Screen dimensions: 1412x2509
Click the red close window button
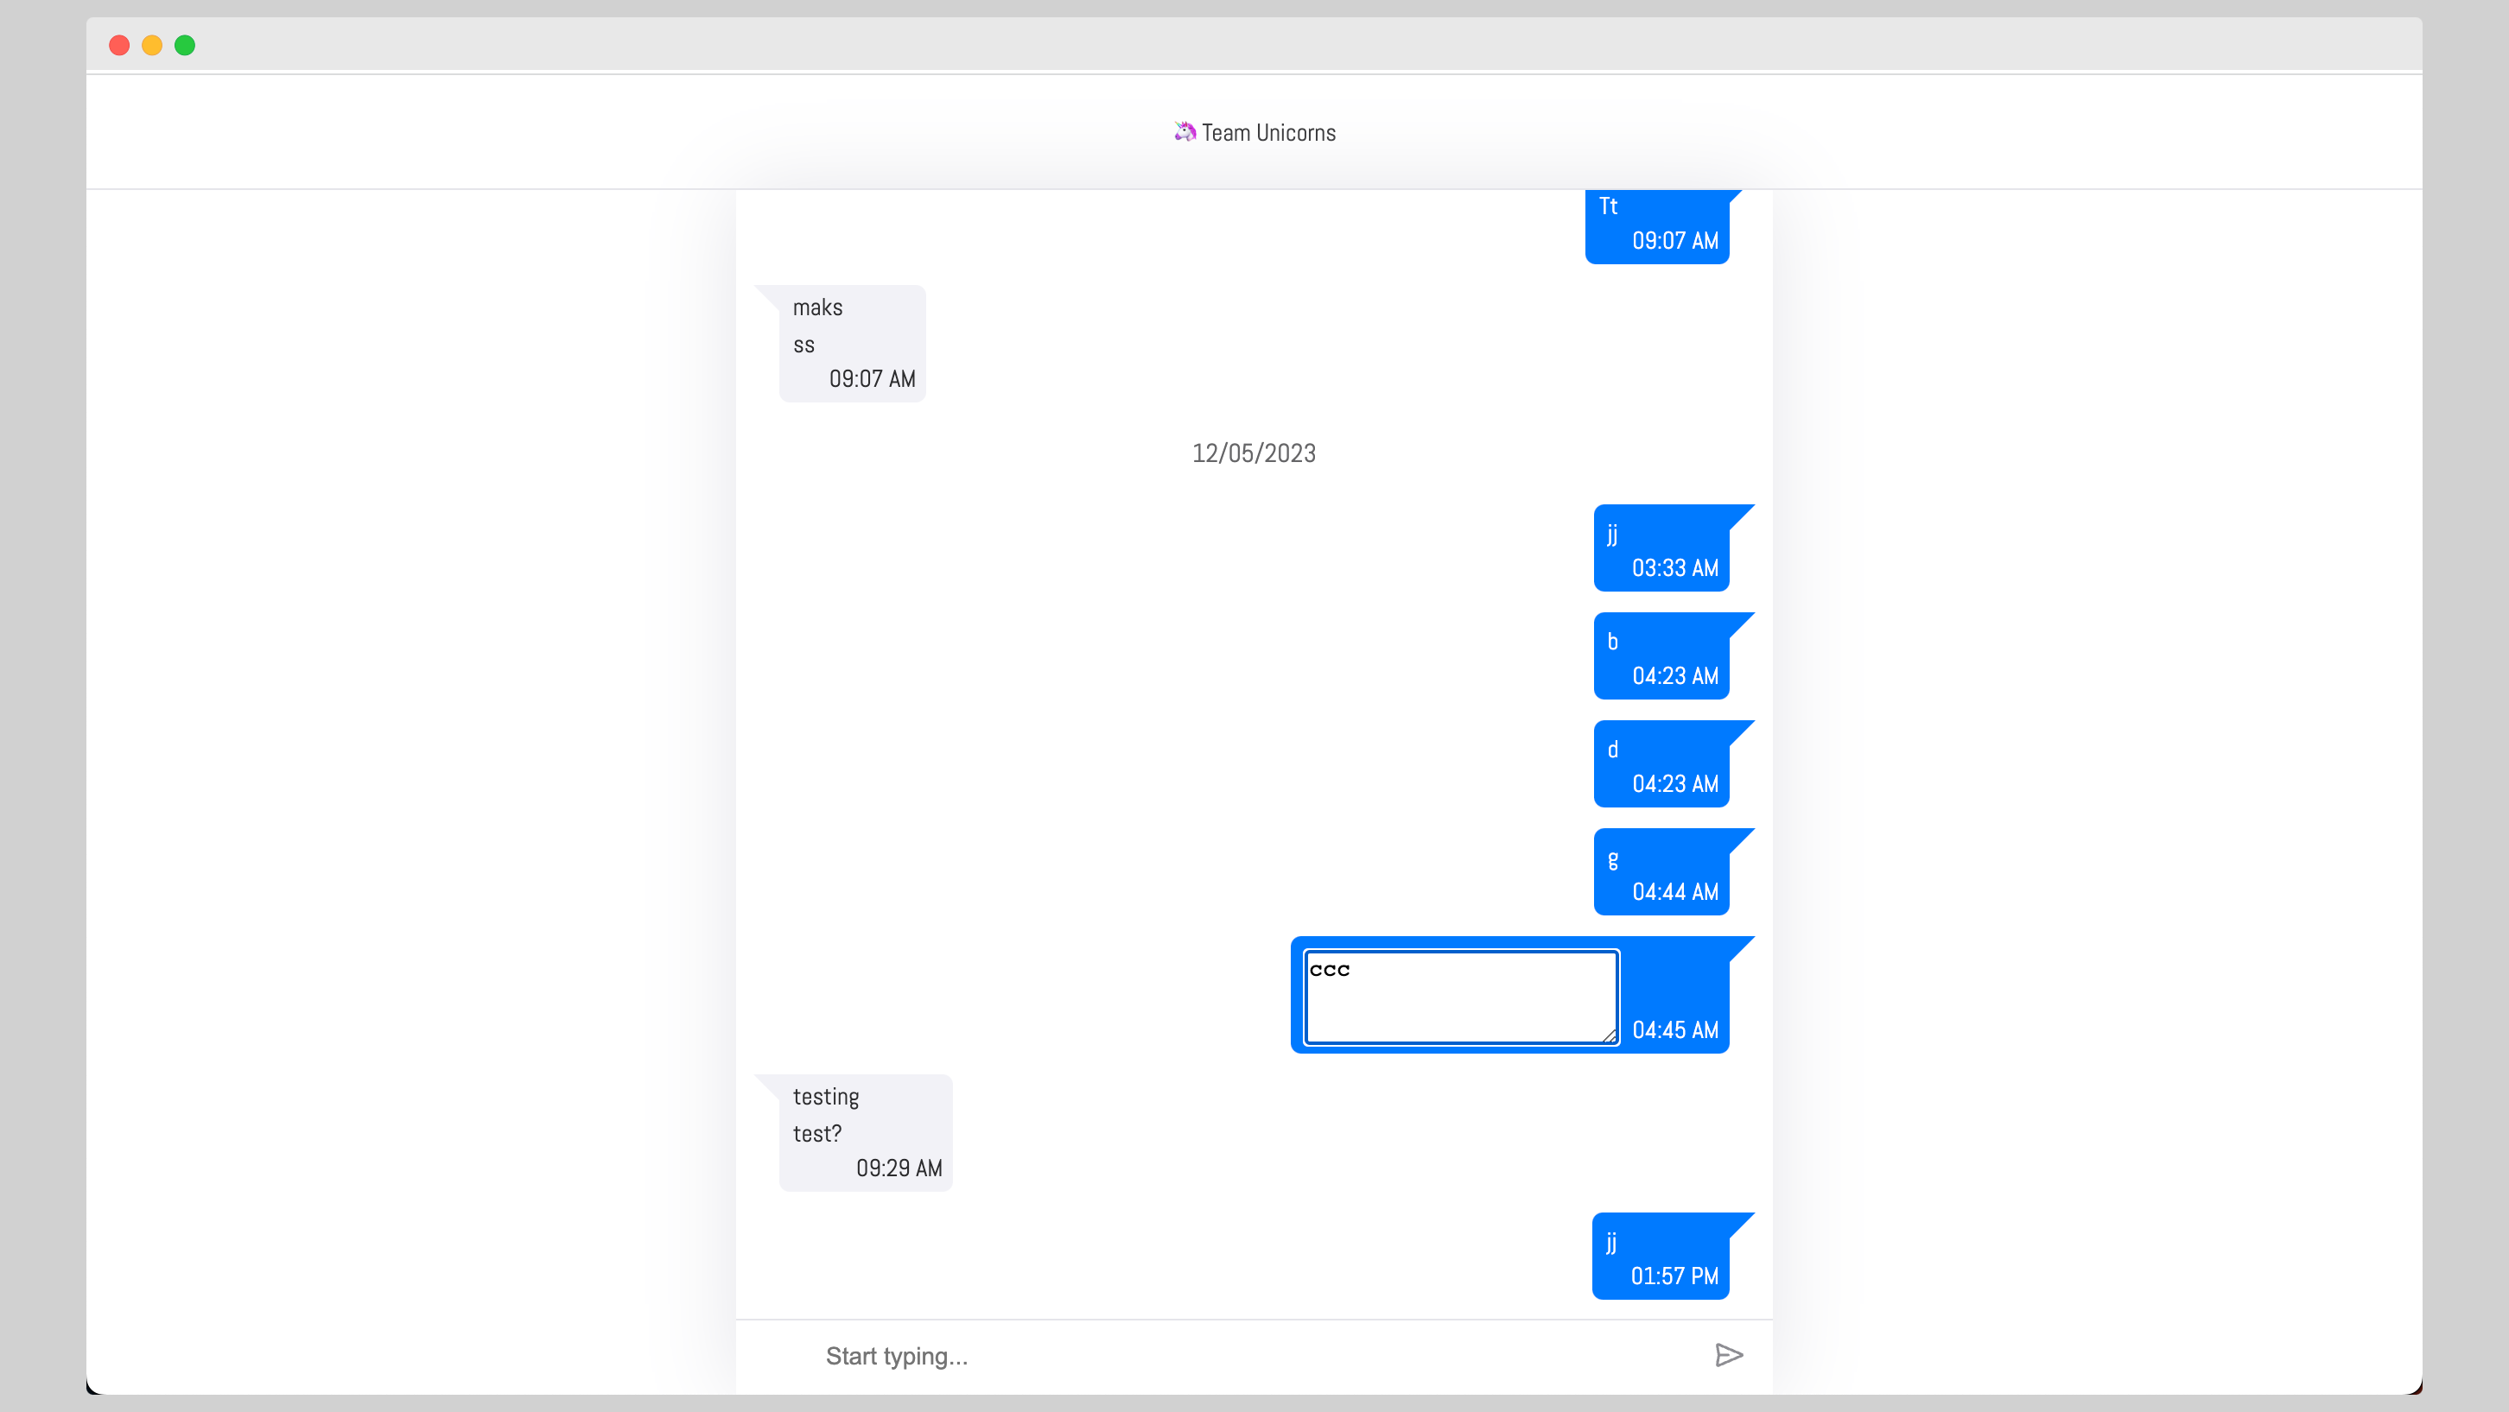(119, 45)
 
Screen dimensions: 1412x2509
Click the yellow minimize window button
(152, 45)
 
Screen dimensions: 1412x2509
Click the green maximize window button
(185, 45)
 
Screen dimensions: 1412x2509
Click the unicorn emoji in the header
(1185, 131)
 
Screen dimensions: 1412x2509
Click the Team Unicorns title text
(1268, 132)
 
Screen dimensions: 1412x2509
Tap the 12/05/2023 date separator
(1254, 453)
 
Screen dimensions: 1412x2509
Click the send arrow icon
(1729, 1354)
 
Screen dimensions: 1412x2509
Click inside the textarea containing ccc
(1460, 997)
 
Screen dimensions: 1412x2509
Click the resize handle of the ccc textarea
(1609, 1036)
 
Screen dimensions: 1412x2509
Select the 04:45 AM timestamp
(1674, 1029)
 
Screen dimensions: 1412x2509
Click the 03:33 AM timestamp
(1674, 567)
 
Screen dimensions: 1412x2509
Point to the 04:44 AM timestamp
(1674, 891)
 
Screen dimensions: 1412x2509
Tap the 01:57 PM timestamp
(1674, 1276)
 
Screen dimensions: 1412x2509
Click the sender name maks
(817, 307)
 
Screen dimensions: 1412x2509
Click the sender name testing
(825, 1097)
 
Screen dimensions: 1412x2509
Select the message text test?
(816, 1134)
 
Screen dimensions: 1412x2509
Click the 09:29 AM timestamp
(898, 1168)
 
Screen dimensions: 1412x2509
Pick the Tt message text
(1608, 206)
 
